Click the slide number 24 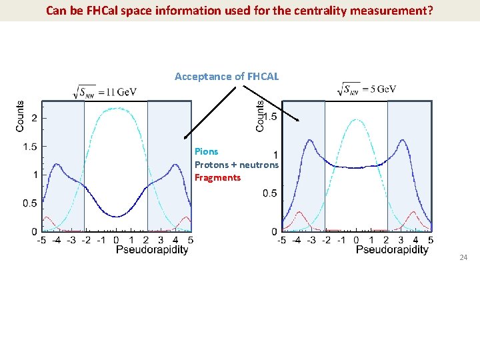click(463, 257)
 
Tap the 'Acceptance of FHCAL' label click(227, 77)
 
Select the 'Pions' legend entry click(206, 151)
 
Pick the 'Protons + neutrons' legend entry click(237, 164)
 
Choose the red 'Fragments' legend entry click(217, 177)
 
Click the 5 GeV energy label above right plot click(368, 89)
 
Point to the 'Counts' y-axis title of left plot click(20, 116)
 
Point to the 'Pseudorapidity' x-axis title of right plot click(392, 249)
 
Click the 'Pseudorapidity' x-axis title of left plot click(152, 249)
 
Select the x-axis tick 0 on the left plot click(116, 239)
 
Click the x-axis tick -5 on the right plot click(281, 239)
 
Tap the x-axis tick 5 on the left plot click(191, 239)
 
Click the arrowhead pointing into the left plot click(187, 135)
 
